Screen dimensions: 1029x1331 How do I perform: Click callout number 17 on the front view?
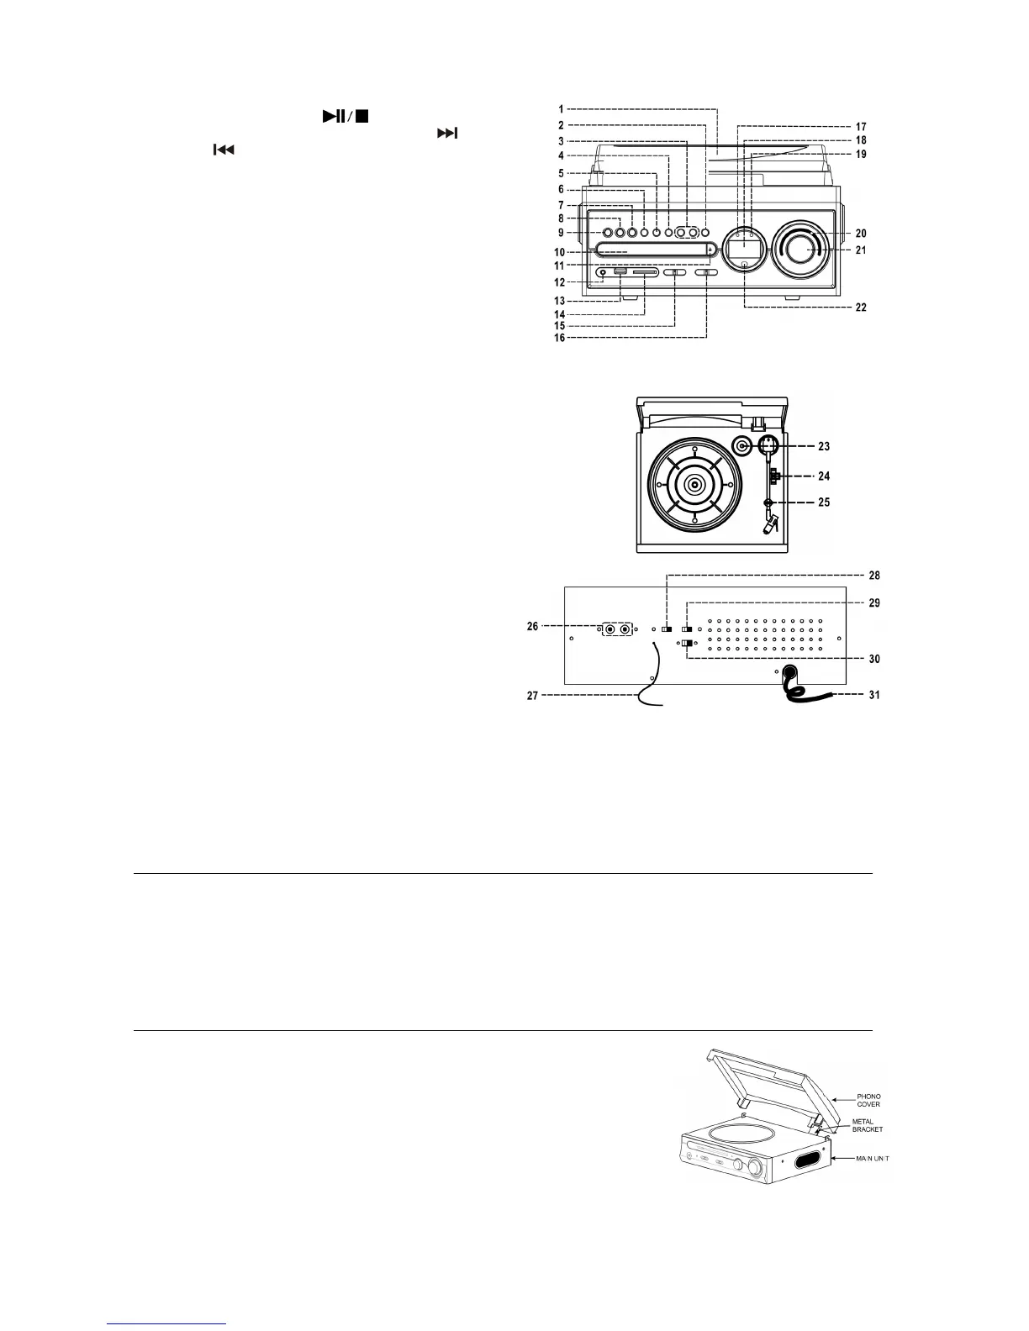click(861, 127)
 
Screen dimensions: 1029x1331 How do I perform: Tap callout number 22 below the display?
click(860, 308)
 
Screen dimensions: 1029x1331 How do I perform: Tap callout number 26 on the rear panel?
click(532, 627)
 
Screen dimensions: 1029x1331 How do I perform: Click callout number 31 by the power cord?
click(874, 696)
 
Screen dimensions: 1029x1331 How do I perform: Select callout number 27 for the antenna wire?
click(531, 696)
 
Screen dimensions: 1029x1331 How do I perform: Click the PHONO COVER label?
click(868, 1100)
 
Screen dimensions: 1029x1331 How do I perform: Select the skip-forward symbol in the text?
click(447, 133)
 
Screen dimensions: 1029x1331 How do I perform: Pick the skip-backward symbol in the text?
click(223, 150)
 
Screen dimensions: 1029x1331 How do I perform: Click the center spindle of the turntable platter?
click(694, 485)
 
